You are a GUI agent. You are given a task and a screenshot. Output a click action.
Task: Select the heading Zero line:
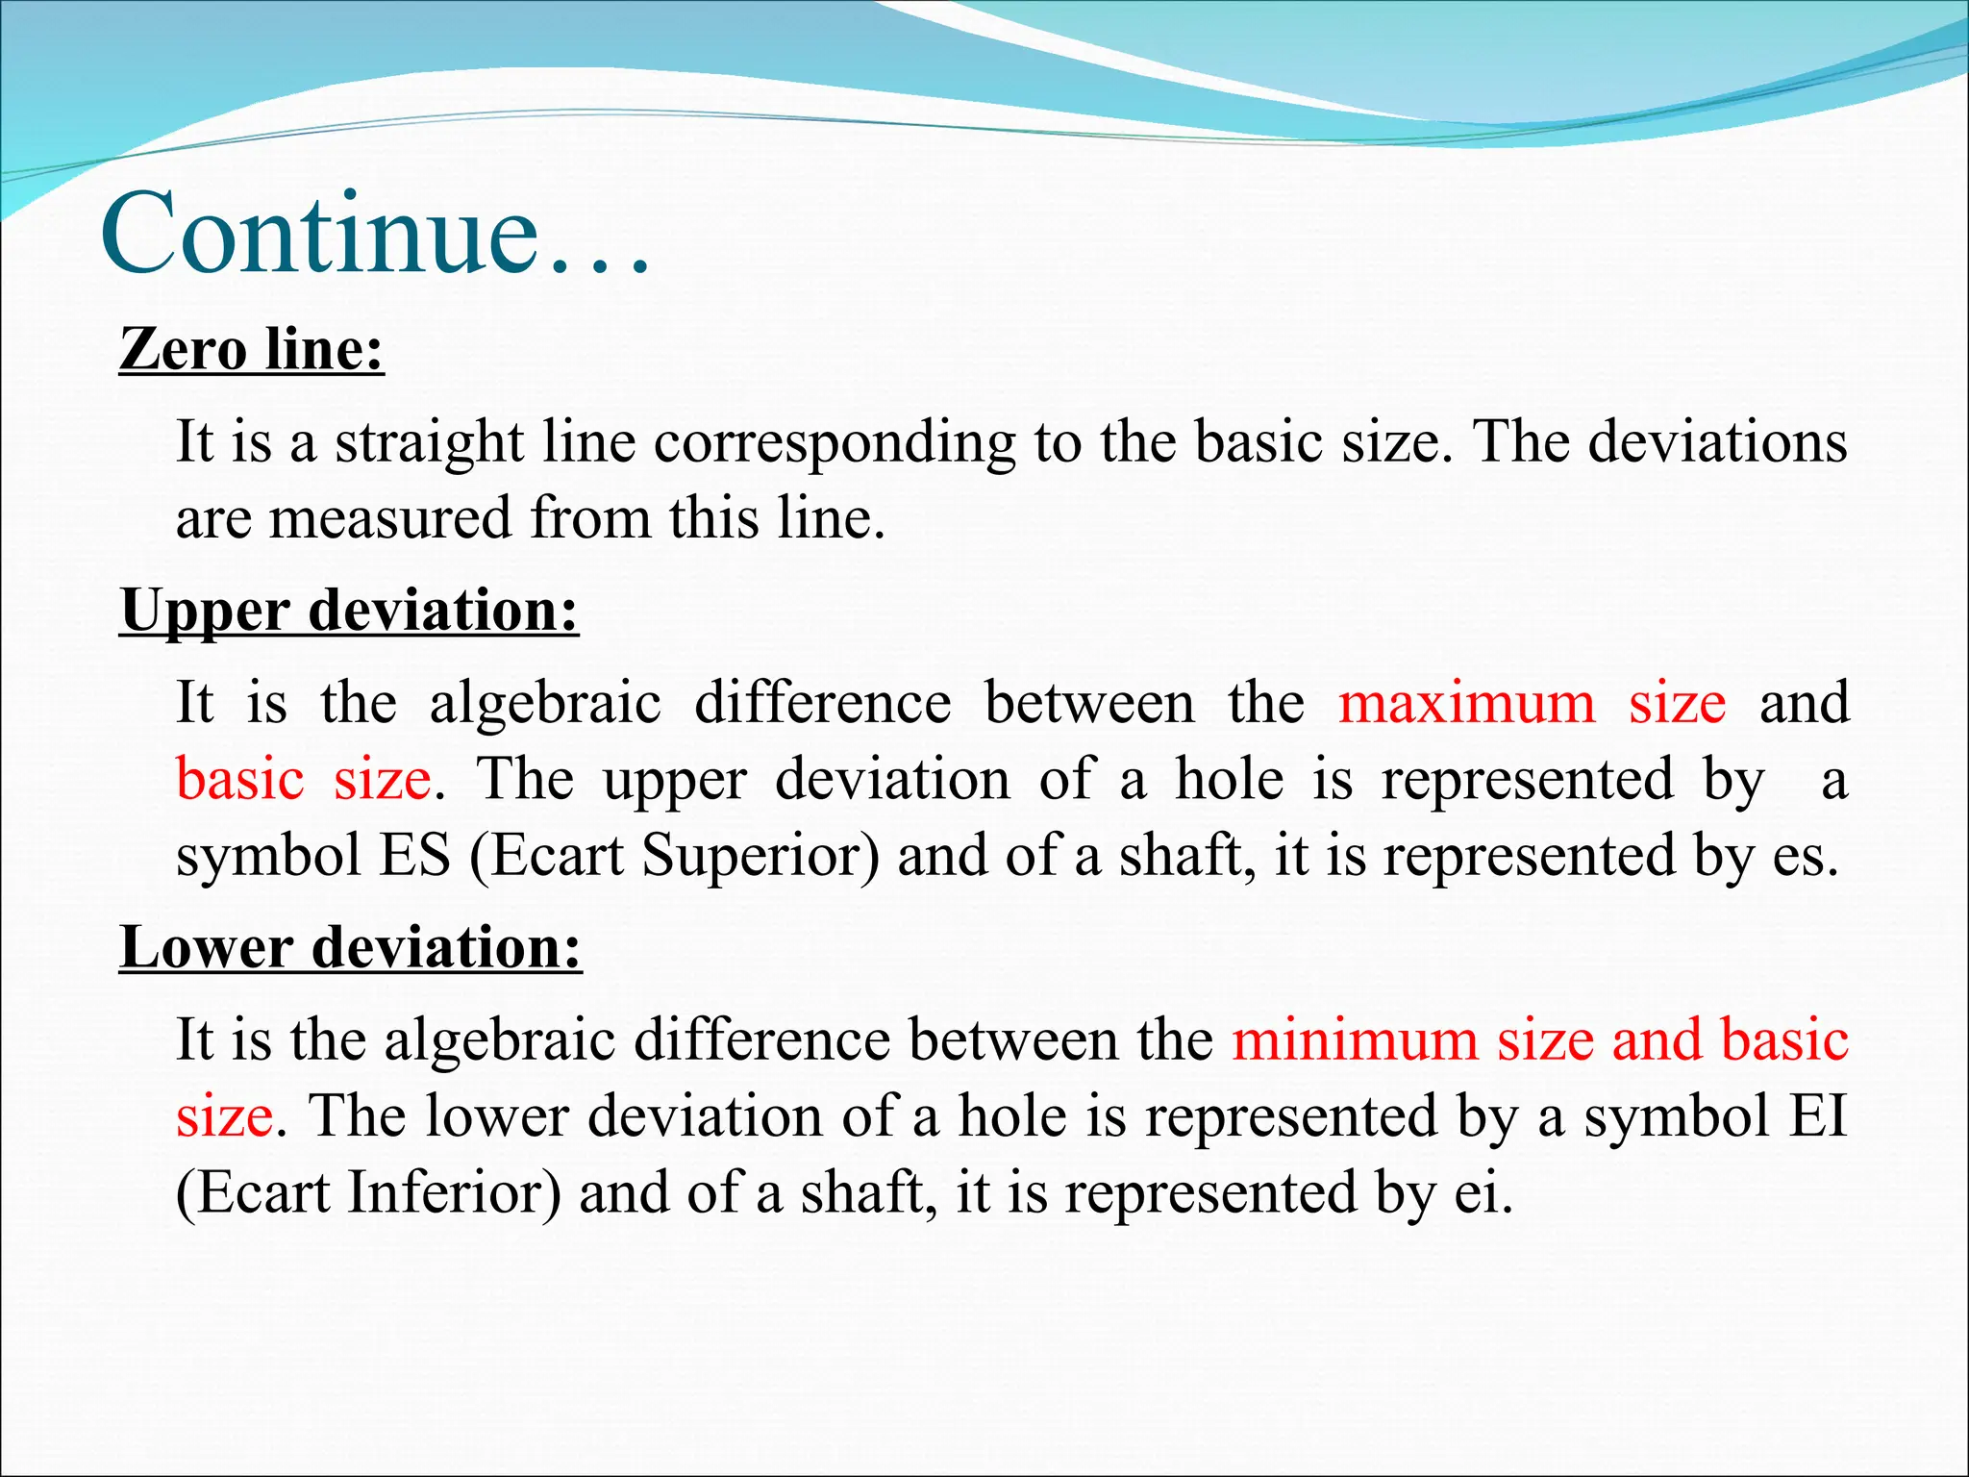[252, 348]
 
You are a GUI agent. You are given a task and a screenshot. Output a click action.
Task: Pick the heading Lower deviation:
[351, 947]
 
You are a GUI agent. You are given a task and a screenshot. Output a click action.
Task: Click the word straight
[429, 443]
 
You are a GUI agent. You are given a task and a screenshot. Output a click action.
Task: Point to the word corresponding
[835, 443]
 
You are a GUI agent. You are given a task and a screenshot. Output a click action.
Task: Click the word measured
[390, 518]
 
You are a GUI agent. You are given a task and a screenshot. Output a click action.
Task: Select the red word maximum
[1467, 702]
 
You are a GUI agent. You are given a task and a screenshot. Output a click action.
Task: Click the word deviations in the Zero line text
[1717, 443]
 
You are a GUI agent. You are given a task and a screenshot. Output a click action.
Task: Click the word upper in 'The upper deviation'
[674, 781]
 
